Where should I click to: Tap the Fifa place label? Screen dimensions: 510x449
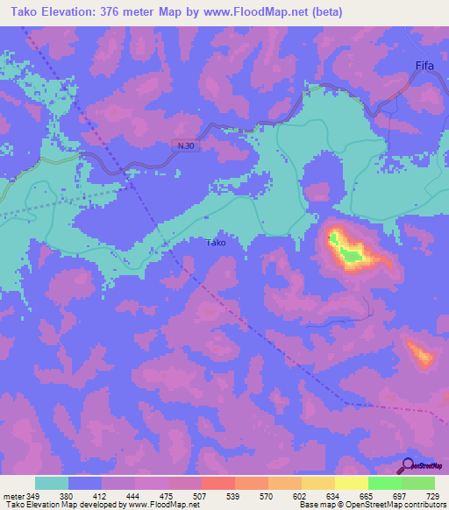424,65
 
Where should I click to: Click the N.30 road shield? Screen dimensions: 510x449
181,147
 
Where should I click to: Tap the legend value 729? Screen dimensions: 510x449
433,497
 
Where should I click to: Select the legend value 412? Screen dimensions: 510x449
102,497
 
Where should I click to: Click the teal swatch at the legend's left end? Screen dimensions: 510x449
52,483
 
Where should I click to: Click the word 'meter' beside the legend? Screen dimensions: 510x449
14,497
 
